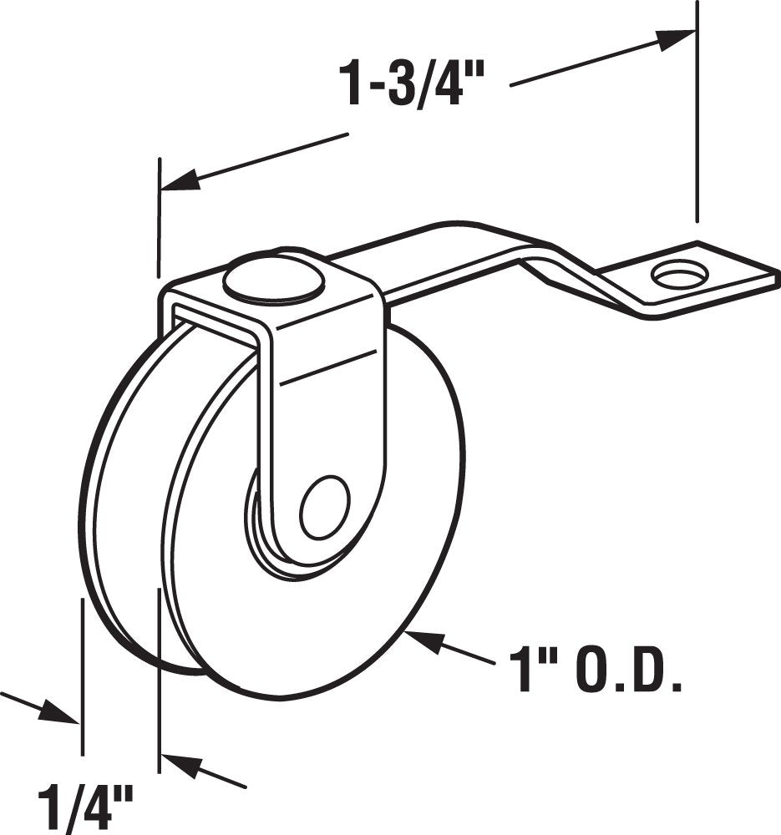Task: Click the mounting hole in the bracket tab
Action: coord(678,274)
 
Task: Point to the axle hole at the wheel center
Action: coord(324,508)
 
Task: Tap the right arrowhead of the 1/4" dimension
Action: coord(180,764)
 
